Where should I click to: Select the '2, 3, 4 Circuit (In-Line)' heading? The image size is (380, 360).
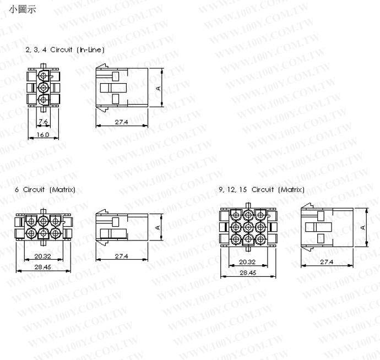click(x=65, y=50)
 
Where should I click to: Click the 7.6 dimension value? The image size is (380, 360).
click(x=44, y=122)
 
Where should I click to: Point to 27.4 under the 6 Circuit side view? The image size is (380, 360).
click(x=122, y=257)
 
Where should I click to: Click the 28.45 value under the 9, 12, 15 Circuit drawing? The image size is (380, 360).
click(x=248, y=272)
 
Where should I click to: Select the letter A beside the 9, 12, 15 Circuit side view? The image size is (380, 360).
click(x=363, y=227)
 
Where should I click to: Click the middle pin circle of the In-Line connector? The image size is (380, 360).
click(x=44, y=88)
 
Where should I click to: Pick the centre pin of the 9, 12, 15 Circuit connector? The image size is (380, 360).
click(x=248, y=226)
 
